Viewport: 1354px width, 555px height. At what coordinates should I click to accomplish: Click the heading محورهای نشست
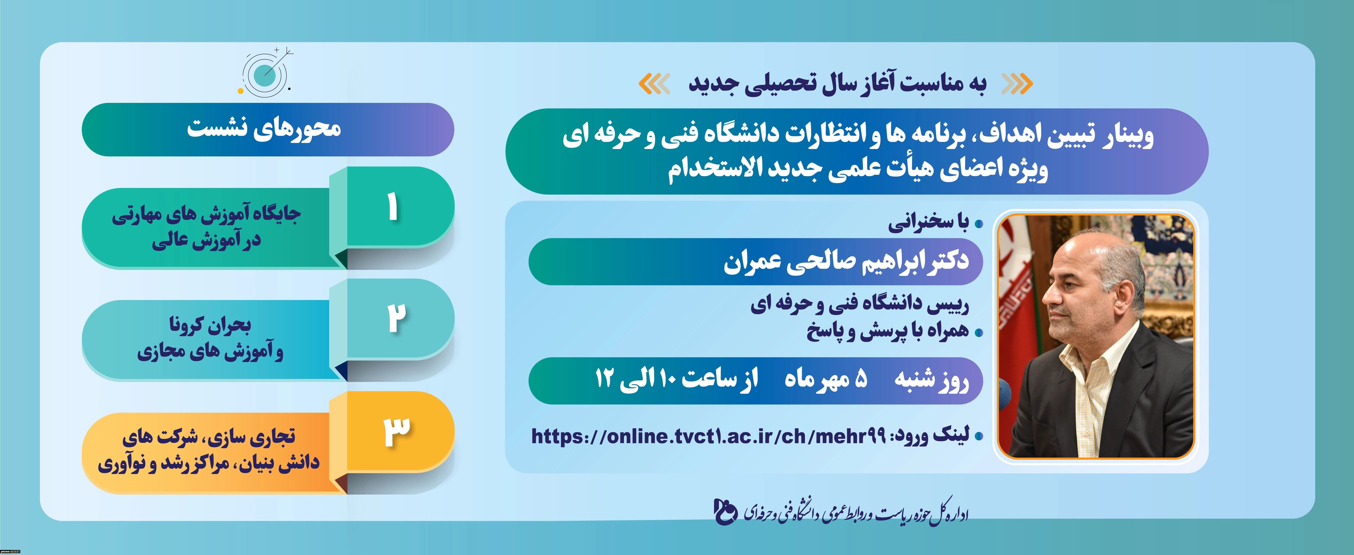pyautogui.click(x=264, y=129)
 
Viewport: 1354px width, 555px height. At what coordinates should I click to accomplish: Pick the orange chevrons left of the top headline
pyautogui.click(x=654, y=84)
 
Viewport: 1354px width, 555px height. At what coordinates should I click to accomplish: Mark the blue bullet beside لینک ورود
pyautogui.click(x=978, y=436)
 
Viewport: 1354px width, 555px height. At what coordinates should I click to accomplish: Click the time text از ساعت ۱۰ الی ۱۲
pyautogui.click(x=676, y=379)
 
